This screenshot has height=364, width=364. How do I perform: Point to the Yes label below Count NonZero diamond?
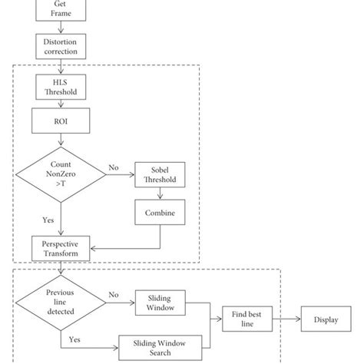pos(47,219)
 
